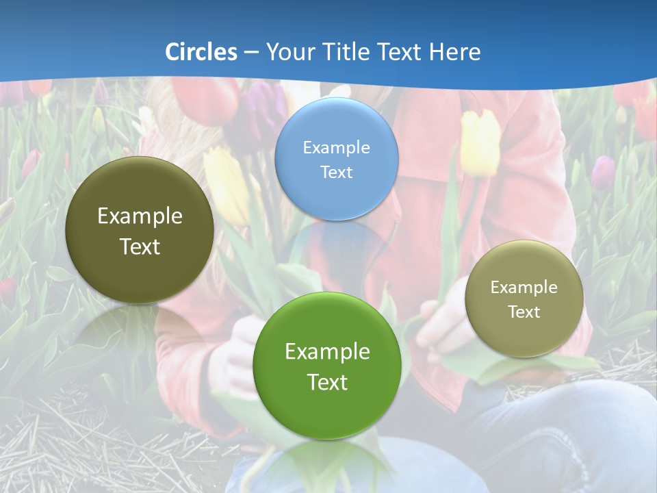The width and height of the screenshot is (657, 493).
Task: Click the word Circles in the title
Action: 201,52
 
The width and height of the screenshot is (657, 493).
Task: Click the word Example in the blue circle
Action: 336,147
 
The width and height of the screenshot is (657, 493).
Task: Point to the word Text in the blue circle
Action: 336,172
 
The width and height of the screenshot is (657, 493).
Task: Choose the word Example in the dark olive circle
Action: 140,216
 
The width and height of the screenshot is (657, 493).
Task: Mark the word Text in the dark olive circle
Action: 140,246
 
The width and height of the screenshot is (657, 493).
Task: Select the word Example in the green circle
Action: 327,352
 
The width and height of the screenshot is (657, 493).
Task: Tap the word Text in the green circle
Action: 327,382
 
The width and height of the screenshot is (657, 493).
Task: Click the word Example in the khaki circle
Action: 524,288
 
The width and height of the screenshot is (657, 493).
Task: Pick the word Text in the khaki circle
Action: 524,312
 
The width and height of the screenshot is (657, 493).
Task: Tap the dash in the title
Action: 251,53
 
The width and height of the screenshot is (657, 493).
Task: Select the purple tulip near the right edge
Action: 603,171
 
